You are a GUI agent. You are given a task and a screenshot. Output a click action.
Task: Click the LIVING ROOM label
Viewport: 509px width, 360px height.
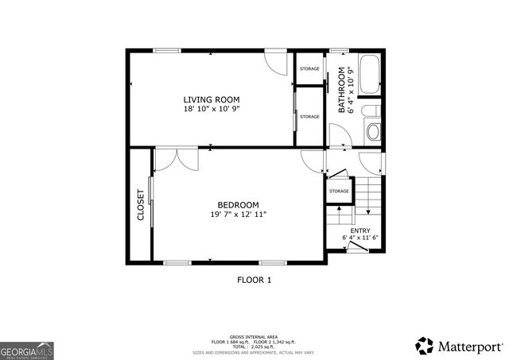[211, 99]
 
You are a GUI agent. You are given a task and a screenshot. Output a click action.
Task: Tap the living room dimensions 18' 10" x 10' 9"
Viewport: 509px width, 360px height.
[211, 109]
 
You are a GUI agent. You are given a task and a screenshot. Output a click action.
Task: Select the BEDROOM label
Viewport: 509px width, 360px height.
[239, 204]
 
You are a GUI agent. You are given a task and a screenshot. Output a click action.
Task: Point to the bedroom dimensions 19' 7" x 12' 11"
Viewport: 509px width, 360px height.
[239, 214]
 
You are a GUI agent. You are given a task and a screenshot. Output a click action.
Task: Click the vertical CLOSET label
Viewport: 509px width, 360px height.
[141, 204]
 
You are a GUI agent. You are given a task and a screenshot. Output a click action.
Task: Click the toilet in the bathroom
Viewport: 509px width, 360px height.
[371, 110]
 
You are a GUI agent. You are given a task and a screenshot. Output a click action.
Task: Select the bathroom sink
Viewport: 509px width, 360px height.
[372, 131]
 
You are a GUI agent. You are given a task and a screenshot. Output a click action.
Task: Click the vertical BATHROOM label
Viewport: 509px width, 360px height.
[343, 90]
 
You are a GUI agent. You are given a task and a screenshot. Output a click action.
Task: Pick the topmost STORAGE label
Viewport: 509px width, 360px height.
[309, 69]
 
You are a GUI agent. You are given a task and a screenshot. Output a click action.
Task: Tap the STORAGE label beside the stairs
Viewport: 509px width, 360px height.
[339, 191]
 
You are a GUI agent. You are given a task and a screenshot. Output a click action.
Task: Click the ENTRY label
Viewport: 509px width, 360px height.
[359, 230]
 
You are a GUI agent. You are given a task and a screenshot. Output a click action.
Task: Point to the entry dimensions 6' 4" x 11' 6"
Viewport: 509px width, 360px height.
[359, 238]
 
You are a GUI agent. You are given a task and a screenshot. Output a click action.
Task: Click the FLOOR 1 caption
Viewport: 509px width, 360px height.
[254, 280]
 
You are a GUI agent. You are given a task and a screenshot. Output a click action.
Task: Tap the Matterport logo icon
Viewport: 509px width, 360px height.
[425, 346]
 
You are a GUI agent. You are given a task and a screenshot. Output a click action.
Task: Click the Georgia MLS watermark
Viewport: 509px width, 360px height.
[27, 350]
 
